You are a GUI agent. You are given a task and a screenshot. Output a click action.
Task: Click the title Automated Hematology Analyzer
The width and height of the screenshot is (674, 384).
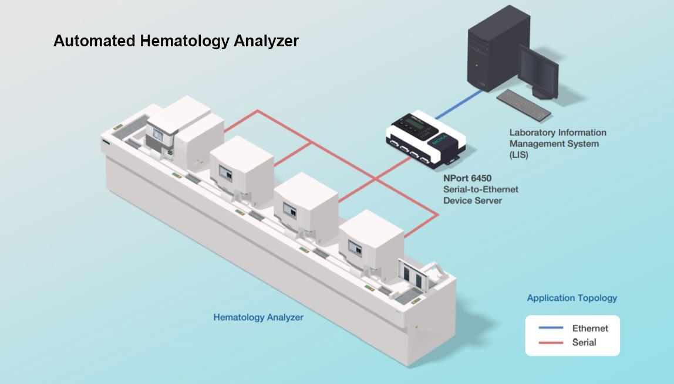click(x=176, y=41)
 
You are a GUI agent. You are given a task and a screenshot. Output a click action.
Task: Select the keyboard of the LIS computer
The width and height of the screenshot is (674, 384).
click(x=524, y=105)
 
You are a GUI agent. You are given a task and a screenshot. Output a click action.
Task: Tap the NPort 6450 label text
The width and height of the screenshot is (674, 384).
click(x=467, y=178)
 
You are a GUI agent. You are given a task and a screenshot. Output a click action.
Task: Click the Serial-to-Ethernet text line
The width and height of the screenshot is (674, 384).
click(x=481, y=189)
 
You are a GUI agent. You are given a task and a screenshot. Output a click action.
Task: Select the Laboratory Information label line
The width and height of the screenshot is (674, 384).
click(x=558, y=133)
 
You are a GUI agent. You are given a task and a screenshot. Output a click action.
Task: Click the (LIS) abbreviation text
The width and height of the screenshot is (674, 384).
click(x=519, y=155)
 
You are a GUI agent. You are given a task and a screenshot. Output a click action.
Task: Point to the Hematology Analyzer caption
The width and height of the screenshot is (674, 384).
click(x=258, y=317)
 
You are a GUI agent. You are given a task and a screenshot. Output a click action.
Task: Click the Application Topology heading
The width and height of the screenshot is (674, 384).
click(x=572, y=298)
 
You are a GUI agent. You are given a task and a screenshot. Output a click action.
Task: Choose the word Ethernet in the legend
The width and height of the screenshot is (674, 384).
click(x=590, y=328)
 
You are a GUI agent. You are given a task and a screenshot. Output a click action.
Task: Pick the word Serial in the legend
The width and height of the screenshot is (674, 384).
click(x=584, y=342)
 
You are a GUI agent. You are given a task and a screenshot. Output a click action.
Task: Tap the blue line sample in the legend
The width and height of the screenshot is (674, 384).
click(x=551, y=328)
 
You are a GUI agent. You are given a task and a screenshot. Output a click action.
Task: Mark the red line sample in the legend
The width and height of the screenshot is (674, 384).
click(x=551, y=342)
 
